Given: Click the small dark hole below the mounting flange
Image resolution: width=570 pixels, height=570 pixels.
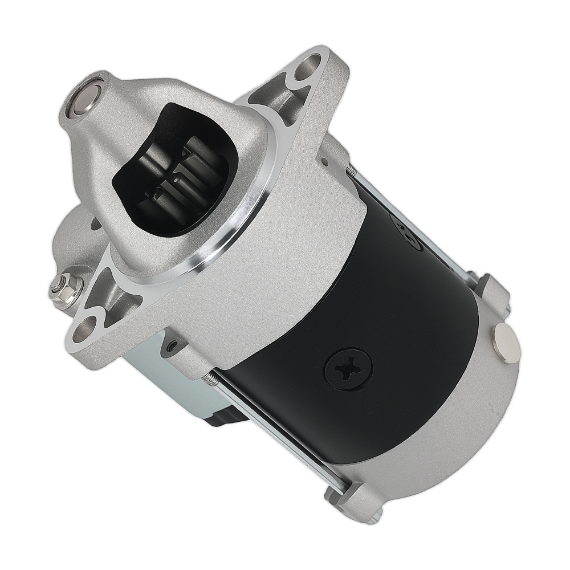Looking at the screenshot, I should pos(170,344).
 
